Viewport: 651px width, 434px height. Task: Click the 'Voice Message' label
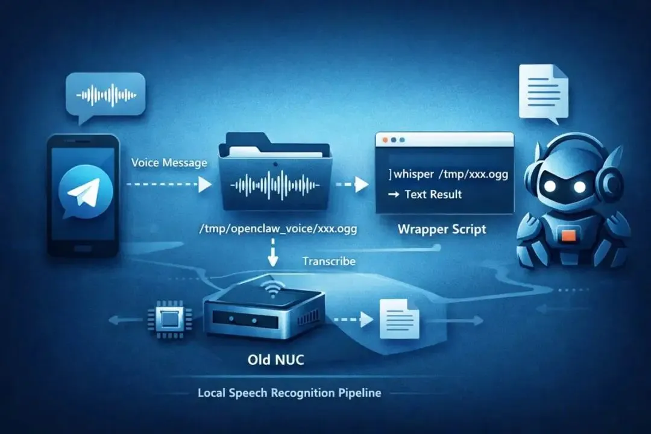tap(169, 163)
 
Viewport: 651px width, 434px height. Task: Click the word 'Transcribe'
tap(328, 262)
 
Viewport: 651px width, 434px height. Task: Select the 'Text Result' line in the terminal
tap(433, 194)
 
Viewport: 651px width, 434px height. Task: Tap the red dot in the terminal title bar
tap(385, 140)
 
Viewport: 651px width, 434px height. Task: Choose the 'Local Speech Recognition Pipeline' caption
tap(289, 393)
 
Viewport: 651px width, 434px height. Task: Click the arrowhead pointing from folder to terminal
tap(362, 185)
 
